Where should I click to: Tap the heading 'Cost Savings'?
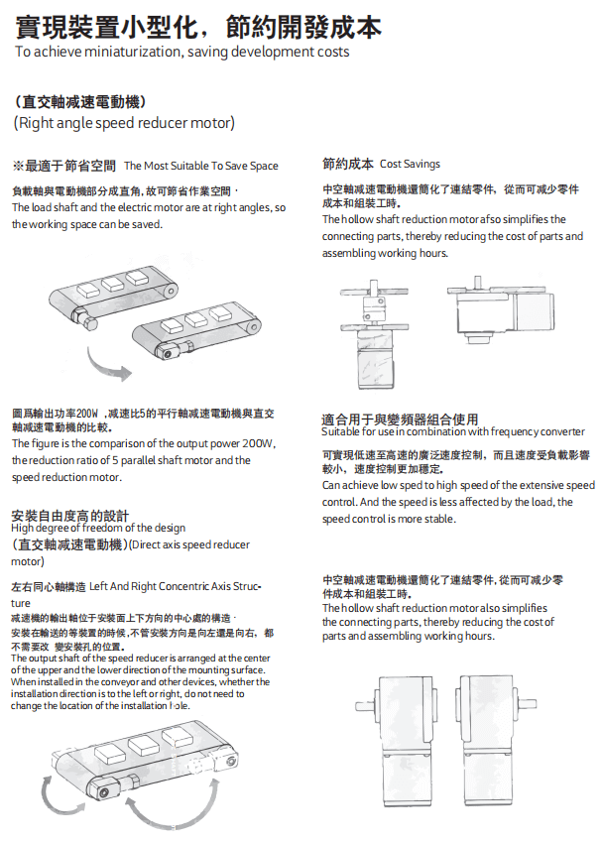[410, 164]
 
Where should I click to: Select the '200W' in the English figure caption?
[257, 443]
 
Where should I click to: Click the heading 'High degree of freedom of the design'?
[98, 528]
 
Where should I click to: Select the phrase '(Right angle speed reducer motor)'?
[124, 123]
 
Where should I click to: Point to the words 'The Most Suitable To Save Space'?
[200, 166]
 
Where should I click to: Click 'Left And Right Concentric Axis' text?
[169, 587]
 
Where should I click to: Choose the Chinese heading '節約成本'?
[347, 164]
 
